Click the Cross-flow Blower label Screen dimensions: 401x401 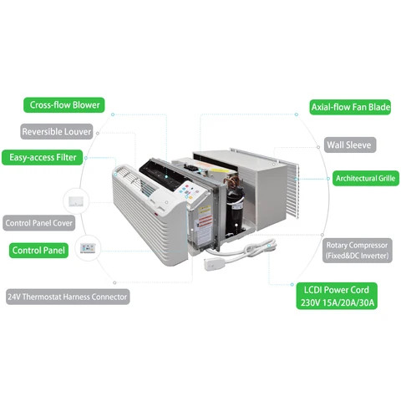pyautogui.click(x=65, y=105)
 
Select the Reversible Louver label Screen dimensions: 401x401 pyautogui.click(x=58, y=131)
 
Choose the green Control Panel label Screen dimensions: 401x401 pyautogui.click(x=38, y=250)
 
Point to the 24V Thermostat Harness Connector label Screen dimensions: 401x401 pyautogui.click(x=68, y=297)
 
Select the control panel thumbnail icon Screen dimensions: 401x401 pyautogui.click(x=88, y=248)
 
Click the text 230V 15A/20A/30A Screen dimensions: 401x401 pyautogui.click(x=335, y=302)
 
